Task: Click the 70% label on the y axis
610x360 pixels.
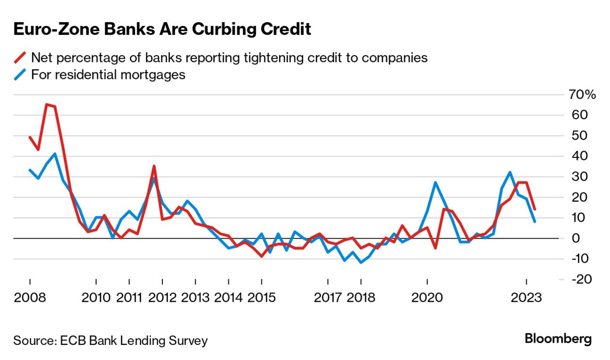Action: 582,95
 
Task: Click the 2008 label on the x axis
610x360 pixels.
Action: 30,298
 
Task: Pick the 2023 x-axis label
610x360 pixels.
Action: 526,298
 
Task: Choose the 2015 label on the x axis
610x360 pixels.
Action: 262,298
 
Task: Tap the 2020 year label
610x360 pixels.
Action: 427,298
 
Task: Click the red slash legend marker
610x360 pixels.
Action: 20,58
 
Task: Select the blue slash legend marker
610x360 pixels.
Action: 20,75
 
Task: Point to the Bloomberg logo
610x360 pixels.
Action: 558,339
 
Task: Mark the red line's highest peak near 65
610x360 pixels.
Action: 46,104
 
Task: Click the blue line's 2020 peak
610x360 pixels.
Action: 435,182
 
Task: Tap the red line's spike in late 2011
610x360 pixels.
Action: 154,166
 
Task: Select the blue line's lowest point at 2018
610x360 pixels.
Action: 361,262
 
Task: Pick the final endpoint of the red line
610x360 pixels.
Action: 534,209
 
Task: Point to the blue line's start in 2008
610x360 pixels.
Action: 30,170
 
